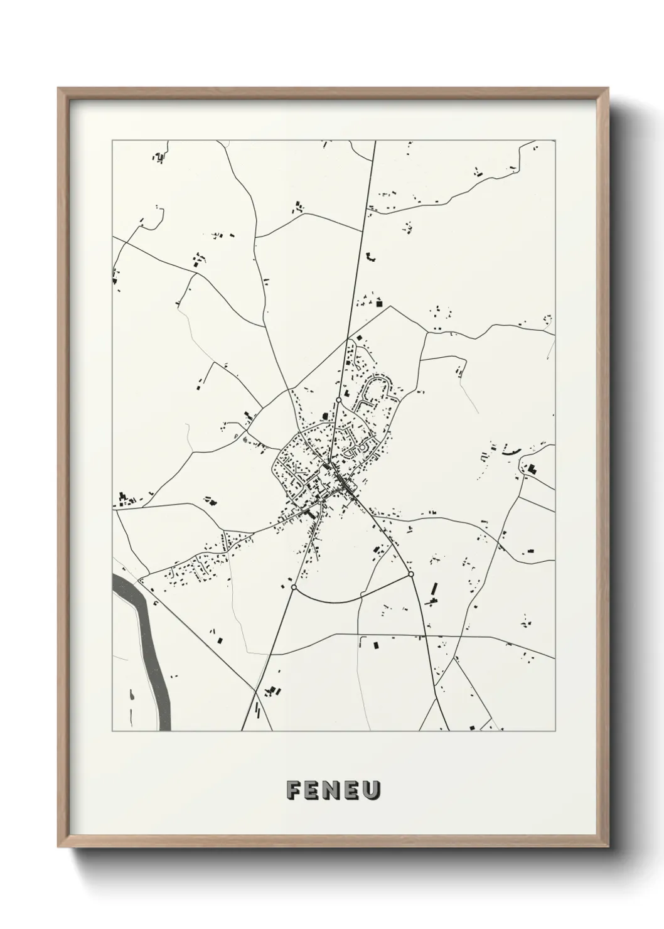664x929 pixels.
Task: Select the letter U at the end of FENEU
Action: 371,791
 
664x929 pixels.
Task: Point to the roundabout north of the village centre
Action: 338,399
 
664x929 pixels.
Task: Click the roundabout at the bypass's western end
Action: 293,588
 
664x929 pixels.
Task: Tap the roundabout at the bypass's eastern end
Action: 411,574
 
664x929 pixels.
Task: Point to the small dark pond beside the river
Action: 132,695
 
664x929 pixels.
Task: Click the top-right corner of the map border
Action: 555,141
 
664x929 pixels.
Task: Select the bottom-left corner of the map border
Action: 112,731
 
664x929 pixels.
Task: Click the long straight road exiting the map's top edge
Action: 370,188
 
